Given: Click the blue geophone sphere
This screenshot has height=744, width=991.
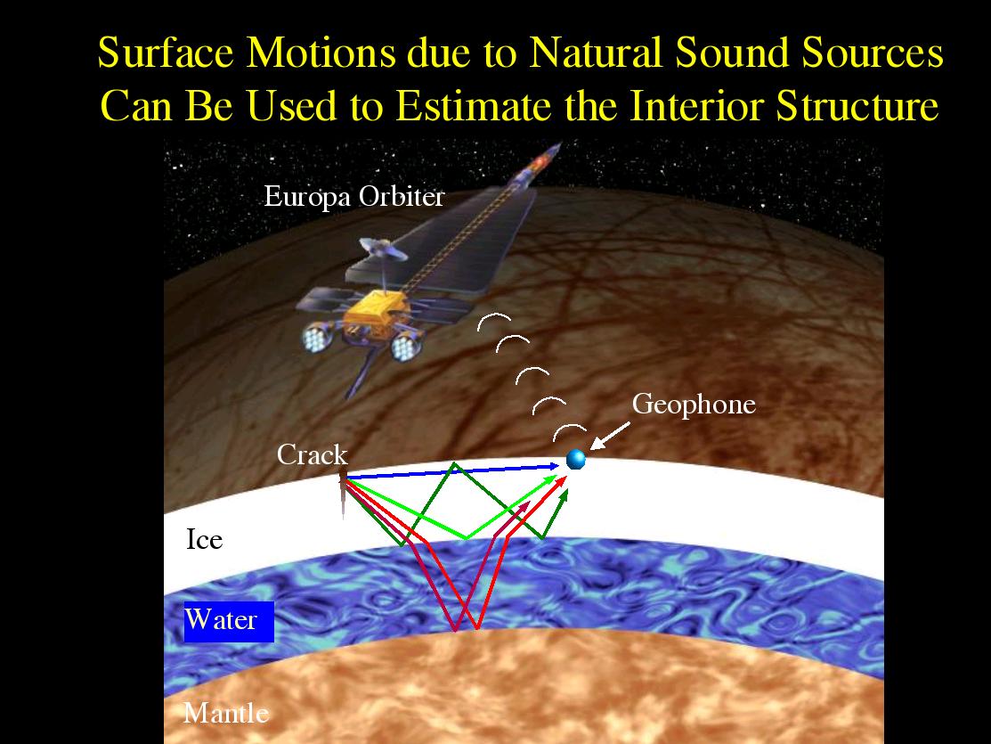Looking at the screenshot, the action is (575, 459).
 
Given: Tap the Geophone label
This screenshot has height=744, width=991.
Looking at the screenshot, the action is (694, 405).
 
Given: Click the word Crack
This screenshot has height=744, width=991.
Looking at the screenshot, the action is (313, 455).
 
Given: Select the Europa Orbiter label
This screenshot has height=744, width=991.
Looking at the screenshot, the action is (354, 197).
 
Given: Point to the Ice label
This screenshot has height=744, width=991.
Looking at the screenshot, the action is (204, 540).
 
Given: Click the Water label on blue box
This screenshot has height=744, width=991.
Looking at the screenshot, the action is (221, 619).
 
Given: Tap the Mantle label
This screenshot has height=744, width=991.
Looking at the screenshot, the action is (225, 713).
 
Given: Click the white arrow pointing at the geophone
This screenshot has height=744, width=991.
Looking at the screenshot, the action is (609, 437).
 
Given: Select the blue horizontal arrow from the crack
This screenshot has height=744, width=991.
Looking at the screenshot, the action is (452, 471).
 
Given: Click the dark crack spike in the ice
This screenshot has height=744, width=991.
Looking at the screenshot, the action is (343, 494).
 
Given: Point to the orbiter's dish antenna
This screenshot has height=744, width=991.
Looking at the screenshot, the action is (383, 249).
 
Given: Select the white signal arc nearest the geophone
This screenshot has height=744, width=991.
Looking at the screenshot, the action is (570, 431).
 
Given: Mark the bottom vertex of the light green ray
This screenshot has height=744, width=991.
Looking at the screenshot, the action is (467, 538).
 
